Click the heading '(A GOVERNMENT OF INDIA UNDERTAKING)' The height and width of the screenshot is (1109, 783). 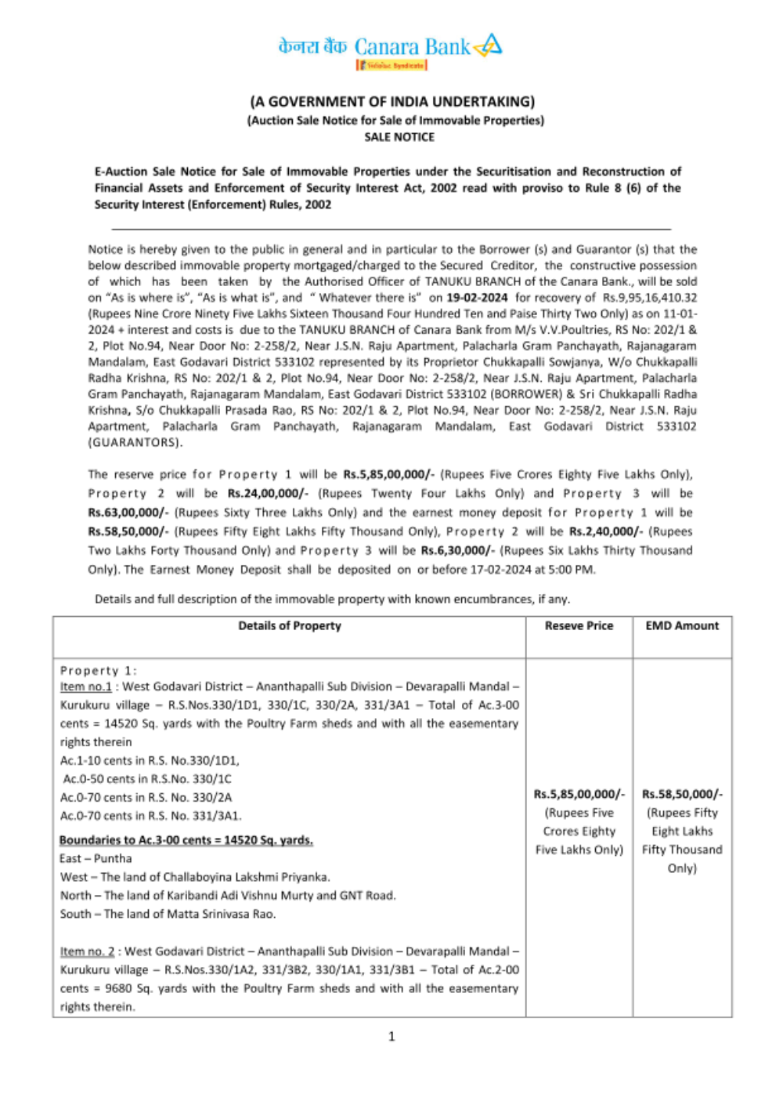392,102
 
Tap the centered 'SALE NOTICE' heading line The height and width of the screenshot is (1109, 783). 399,137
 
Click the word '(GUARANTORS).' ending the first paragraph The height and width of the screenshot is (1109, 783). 135,443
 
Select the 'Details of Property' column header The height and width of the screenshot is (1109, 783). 290,626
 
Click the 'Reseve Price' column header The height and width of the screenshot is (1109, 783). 579,626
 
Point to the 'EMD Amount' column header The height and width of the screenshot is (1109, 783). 682,626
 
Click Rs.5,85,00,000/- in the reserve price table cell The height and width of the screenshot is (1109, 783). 579,794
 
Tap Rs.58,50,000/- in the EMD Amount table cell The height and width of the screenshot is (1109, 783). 682,794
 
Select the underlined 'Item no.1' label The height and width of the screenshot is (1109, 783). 85,687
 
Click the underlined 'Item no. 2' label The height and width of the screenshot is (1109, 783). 87,951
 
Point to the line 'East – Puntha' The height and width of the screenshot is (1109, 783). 96,859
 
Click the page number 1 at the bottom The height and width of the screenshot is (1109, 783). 391,1037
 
